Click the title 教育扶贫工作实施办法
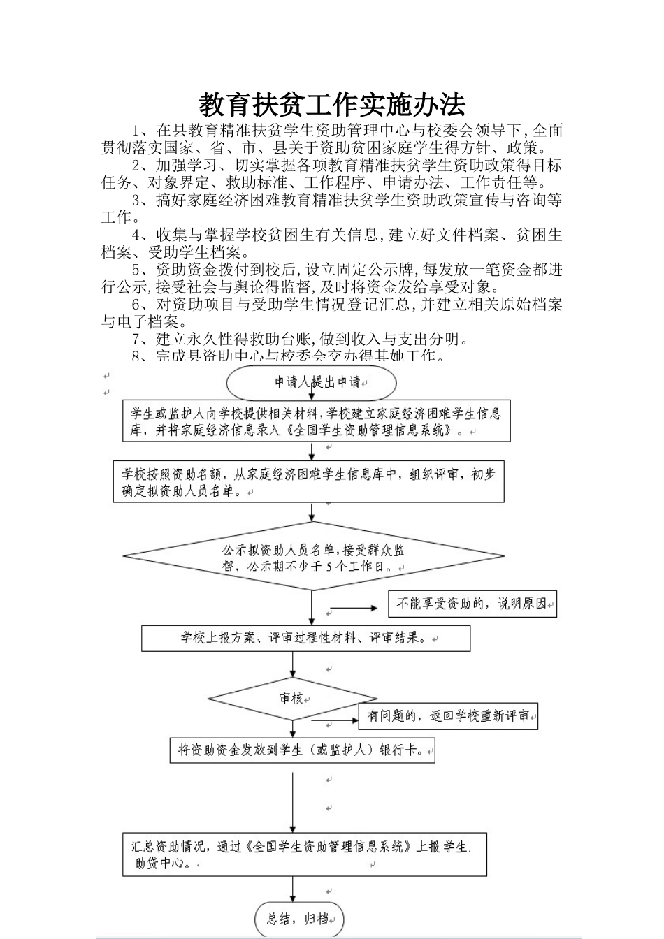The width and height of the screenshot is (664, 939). point(332,105)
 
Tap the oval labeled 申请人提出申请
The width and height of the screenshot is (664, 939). point(312,382)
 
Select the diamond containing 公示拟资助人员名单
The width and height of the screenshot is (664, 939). point(313,557)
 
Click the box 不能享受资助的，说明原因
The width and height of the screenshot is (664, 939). point(472,604)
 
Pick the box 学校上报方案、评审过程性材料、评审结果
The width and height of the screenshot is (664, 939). point(305,638)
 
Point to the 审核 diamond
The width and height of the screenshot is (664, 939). point(292,698)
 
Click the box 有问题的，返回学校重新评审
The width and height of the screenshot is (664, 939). point(448,716)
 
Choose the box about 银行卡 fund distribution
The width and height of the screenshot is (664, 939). point(302,751)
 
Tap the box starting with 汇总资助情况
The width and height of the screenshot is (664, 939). point(304,854)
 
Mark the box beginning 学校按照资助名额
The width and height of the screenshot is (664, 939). point(308,481)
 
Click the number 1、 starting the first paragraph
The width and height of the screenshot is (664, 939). point(143,130)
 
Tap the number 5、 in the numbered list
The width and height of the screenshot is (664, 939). point(143,270)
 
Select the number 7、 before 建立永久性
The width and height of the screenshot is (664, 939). point(143,340)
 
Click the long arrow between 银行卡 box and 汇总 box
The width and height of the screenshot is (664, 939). point(292,796)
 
